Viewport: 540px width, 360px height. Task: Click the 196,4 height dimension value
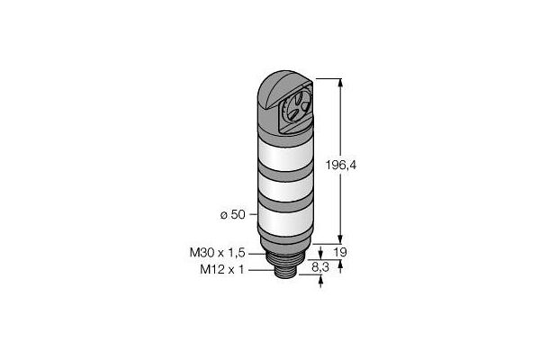pos(341,166)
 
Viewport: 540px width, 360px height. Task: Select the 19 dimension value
pos(340,253)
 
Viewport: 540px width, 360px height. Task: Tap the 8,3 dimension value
pos(320,267)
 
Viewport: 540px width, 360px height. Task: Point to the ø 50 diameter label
pos(233,214)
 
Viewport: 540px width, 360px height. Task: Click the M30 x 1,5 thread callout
pos(217,253)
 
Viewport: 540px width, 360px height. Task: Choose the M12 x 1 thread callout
pos(222,269)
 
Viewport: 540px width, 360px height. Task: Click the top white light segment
pos(286,154)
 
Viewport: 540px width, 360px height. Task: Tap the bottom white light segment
pos(286,220)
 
